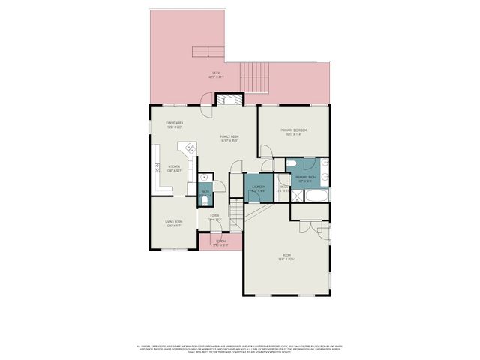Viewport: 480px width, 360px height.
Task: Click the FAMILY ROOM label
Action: click(x=229, y=137)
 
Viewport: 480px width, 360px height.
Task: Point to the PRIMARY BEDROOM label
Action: click(x=294, y=131)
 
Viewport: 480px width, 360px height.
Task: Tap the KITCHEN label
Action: click(x=174, y=168)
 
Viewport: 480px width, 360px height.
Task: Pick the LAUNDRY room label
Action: click(x=259, y=187)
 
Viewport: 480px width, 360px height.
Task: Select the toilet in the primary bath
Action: click(x=293, y=163)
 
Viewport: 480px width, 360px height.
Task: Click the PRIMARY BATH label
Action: click(x=305, y=178)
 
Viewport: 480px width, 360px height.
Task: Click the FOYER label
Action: click(x=214, y=217)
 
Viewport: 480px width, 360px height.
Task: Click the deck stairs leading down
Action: click(x=253, y=76)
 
